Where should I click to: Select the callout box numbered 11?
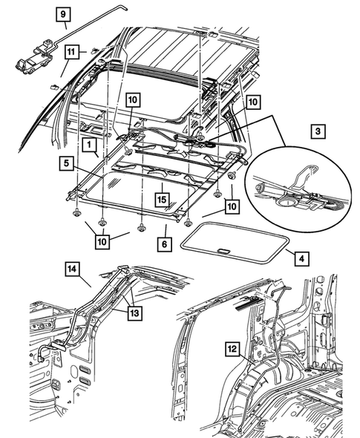point(71,52)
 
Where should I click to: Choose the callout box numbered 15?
point(160,199)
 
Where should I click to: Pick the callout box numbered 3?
point(318,131)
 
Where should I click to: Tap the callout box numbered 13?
point(134,313)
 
